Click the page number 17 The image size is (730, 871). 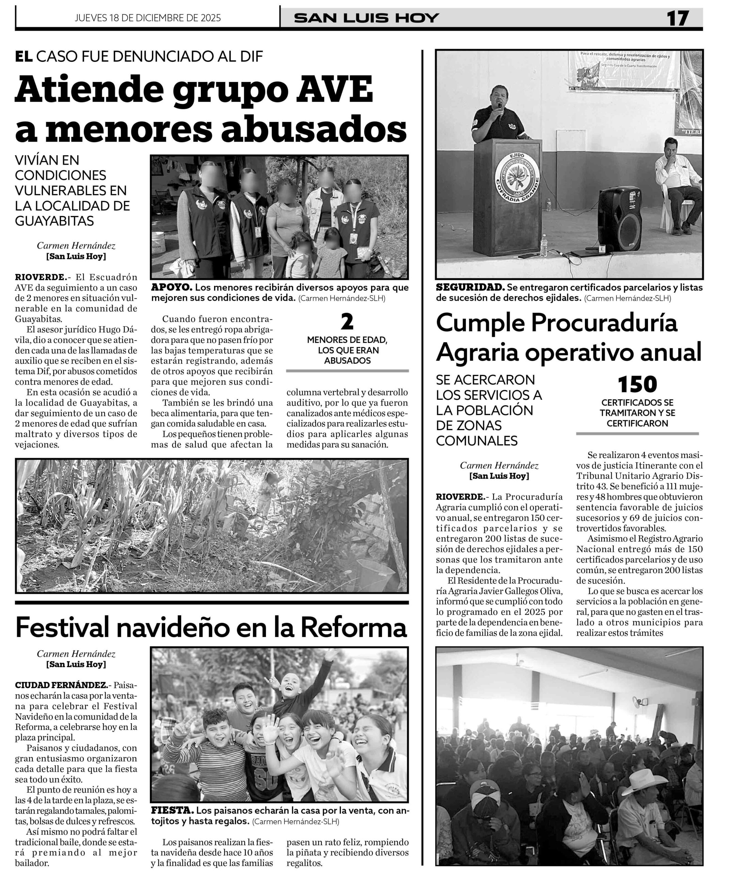[677, 18]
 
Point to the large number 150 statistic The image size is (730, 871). [637, 384]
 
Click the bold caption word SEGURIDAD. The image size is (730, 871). [470, 287]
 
